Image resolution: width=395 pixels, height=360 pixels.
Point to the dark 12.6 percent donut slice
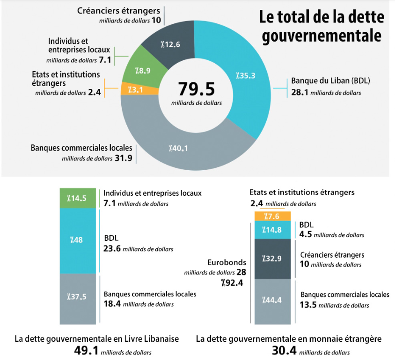point(170,45)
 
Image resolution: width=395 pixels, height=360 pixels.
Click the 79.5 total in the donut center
point(196,89)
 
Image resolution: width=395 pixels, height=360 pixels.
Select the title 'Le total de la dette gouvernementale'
point(321,27)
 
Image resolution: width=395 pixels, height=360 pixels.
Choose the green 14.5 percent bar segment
point(77,198)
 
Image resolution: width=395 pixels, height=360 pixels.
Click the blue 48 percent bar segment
point(77,240)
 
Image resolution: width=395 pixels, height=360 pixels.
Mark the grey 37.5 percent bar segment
point(77,298)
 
